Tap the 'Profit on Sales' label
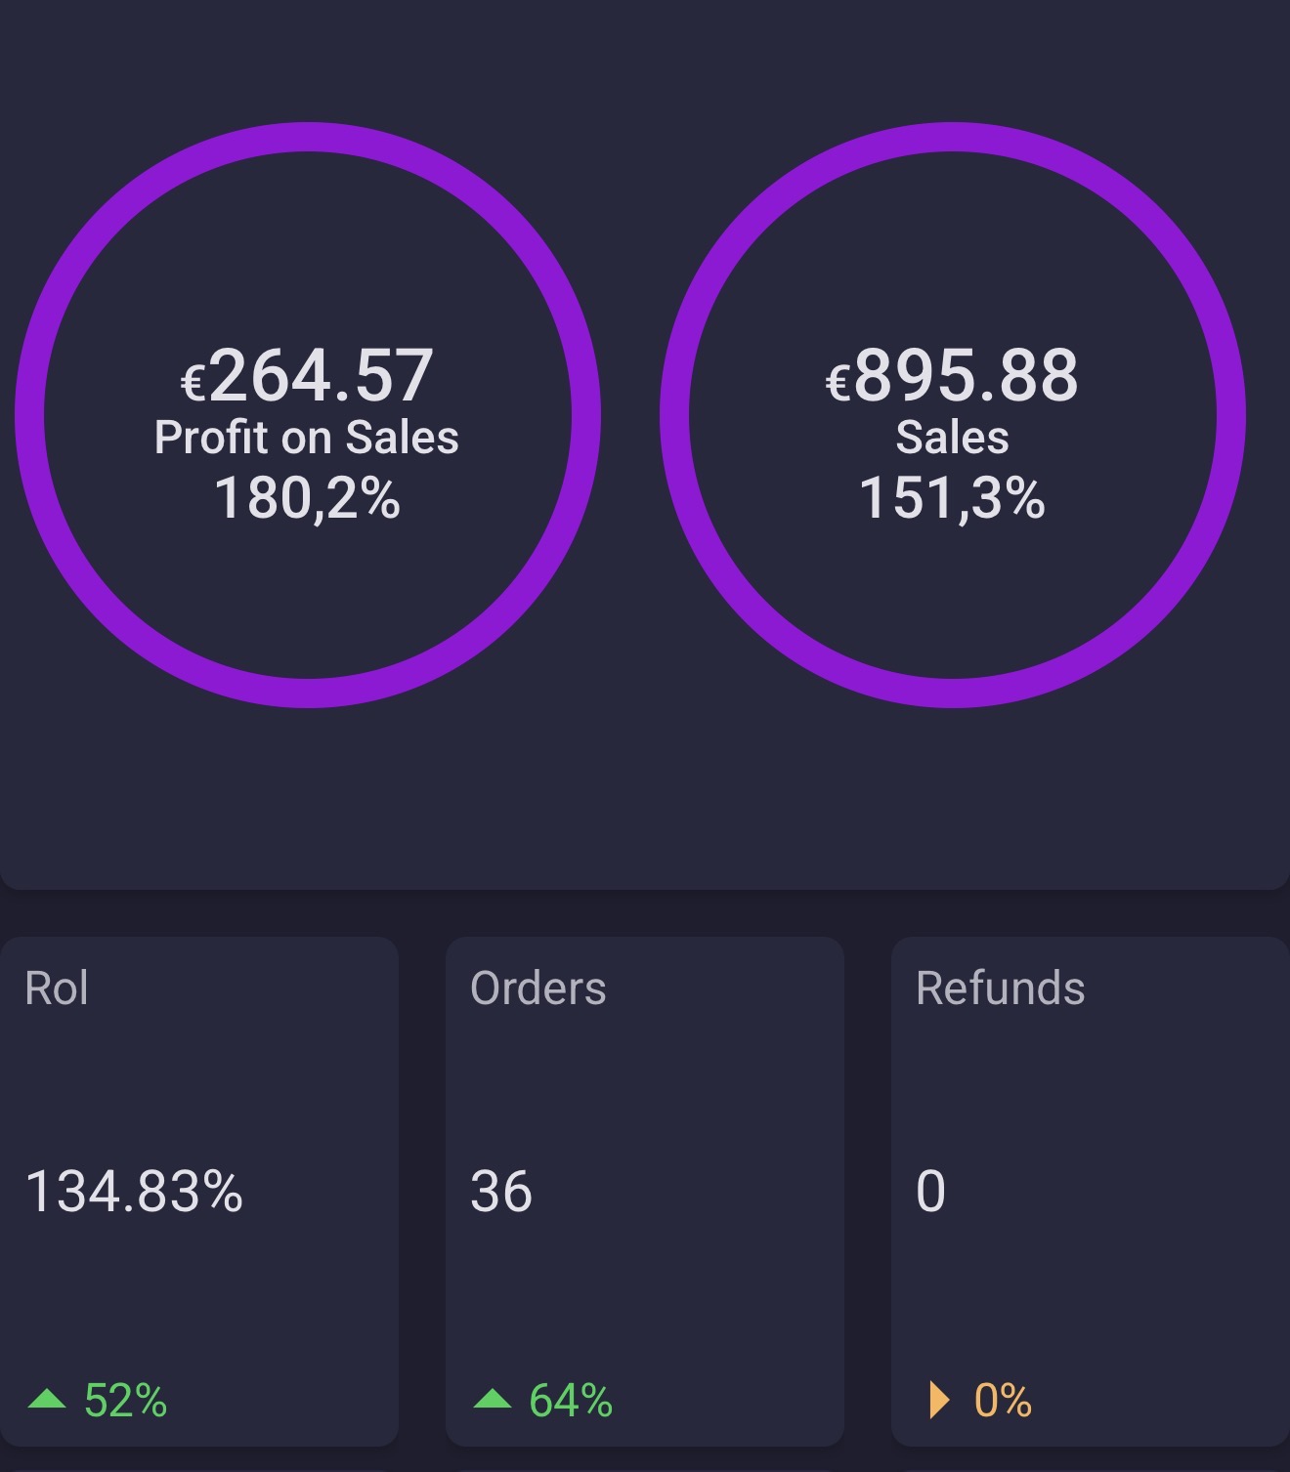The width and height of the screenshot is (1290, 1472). point(306,438)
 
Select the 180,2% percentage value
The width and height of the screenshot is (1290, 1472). point(307,498)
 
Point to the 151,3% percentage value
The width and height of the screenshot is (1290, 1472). point(952,498)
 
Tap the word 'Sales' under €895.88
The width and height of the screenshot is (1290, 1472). point(952,438)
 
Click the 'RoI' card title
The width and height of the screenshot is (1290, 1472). point(57,988)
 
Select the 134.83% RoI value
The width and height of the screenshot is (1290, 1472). point(134,1192)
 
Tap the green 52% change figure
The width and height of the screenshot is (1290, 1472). point(125,1401)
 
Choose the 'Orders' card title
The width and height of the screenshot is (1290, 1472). point(537,988)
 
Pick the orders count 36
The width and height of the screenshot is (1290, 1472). point(501,1192)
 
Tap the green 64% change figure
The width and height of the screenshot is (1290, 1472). point(571,1401)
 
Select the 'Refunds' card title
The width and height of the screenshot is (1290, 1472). point(1000,988)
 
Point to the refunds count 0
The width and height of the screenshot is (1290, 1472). point(931,1192)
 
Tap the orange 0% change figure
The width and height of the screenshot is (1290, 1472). point(1003,1401)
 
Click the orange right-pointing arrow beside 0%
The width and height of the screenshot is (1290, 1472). point(938,1400)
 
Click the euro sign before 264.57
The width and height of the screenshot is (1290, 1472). point(193,383)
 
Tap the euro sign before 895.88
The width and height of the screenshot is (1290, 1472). point(838,383)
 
